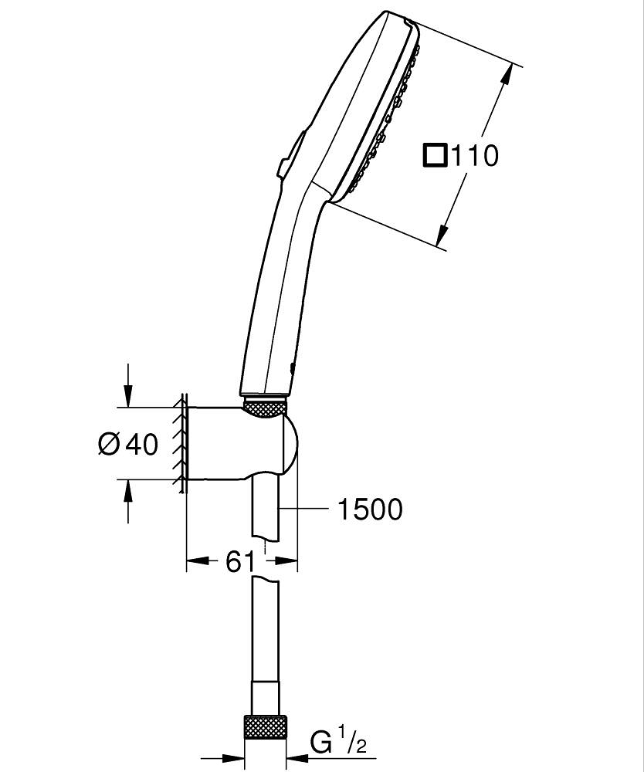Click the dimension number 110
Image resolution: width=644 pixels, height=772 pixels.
tap(474, 156)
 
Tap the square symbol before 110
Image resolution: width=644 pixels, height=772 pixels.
tap(435, 156)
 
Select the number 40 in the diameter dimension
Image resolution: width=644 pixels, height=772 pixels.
tap(141, 444)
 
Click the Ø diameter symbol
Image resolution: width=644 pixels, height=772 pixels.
tap(109, 444)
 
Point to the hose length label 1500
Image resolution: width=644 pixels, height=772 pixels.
tap(369, 509)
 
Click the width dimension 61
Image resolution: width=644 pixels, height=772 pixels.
tap(240, 561)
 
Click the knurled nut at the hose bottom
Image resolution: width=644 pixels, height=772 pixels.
tap(265, 727)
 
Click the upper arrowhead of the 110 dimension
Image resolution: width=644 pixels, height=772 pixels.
tap(505, 76)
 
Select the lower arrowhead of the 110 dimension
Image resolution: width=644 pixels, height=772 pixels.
tap(444, 235)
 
